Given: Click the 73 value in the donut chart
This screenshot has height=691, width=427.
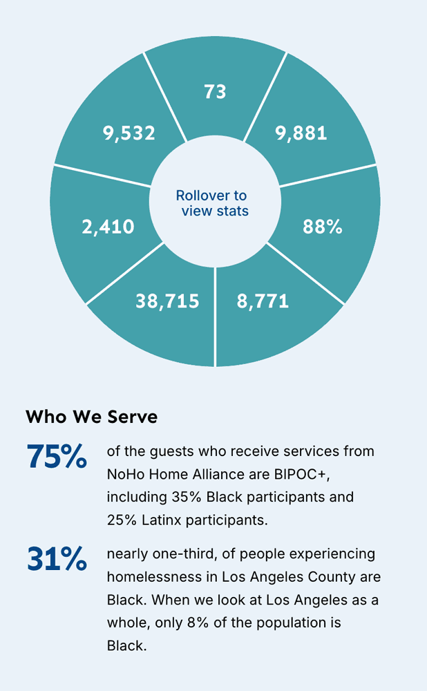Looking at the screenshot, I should click(215, 91).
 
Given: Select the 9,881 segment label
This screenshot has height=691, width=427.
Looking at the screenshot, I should click(301, 133).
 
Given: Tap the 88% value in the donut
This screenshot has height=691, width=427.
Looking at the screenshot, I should click(323, 227).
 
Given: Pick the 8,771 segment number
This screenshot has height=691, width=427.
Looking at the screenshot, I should click(263, 301).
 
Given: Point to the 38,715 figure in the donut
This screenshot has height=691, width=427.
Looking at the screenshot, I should click(167, 301).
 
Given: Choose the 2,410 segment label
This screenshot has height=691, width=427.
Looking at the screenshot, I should click(108, 227).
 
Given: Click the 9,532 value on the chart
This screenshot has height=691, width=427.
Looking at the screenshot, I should click(129, 133).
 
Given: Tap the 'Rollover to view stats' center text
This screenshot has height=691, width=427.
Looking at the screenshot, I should click(213, 203).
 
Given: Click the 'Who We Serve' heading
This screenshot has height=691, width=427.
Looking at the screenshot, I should click(91, 417).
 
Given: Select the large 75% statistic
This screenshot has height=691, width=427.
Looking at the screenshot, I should click(57, 457).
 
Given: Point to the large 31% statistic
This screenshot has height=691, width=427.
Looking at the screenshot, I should click(57, 559).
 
